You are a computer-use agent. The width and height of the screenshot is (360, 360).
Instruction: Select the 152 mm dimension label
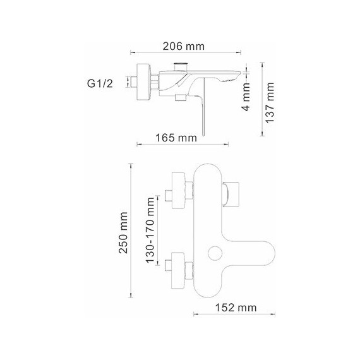(x=234, y=308)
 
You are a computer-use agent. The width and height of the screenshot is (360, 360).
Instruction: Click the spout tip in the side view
(x=234, y=77)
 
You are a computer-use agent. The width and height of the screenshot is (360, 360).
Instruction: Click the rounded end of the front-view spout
(x=269, y=253)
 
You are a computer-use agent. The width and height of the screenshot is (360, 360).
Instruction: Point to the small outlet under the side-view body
(x=179, y=98)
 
